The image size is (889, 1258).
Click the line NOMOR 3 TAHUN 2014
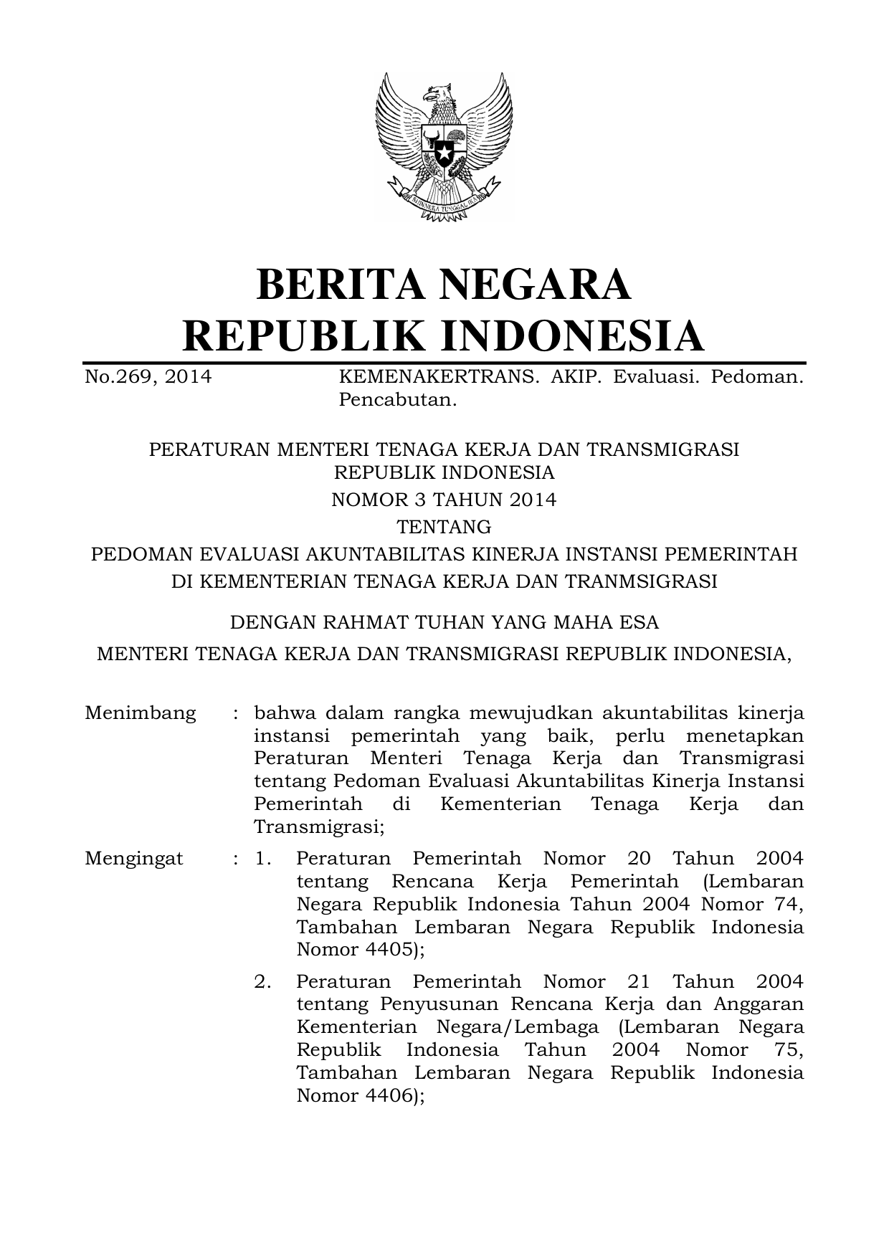tap(444, 500)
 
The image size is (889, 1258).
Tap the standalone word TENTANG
tap(444, 527)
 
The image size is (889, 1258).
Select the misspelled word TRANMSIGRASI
tap(641, 581)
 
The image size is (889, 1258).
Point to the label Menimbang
tap(141, 713)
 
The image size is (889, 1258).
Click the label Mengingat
tap(134, 858)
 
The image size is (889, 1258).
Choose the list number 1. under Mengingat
tap(262, 858)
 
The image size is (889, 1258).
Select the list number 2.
tap(262, 981)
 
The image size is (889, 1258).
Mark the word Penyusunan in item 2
tap(444, 1004)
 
